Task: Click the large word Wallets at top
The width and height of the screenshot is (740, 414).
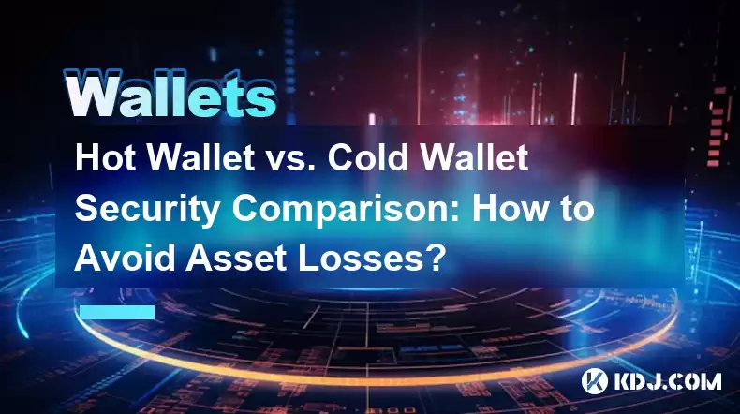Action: [170, 94]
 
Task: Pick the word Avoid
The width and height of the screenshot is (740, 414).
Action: [125, 258]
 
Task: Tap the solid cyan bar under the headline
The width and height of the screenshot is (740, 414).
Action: [117, 312]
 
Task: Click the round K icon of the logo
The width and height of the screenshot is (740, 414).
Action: [595, 381]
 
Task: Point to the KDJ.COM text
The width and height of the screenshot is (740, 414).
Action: [667, 381]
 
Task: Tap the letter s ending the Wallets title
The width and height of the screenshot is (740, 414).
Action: [261, 99]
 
